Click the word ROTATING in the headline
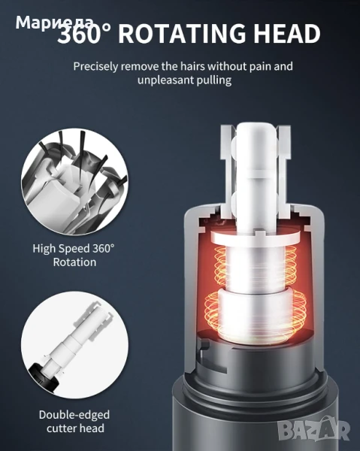click(x=182, y=34)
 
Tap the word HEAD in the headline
click(x=286, y=34)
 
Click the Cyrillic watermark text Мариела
click(x=54, y=22)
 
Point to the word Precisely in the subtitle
click(x=95, y=67)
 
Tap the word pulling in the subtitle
click(x=214, y=80)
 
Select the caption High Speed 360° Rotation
click(x=74, y=256)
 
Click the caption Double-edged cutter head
click(x=74, y=422)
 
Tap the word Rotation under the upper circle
click(x=74, y=262)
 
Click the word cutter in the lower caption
click(x=62, y=428)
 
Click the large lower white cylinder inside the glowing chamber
click(x=256, y=315)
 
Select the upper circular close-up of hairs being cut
click(x=74, y=183)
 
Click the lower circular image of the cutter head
click(x=74, y=344)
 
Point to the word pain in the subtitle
click(x=260, y=67)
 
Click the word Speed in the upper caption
click(x=74, y=249)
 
